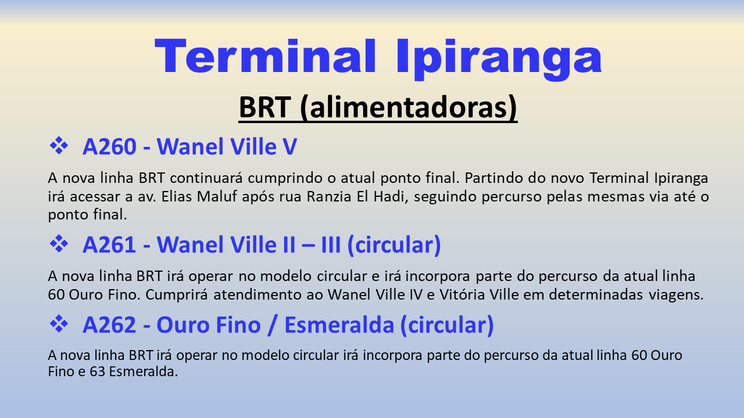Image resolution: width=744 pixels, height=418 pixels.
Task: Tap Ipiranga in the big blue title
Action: (x=499, y=59)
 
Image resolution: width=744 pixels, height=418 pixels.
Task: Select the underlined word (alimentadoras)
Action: (x=409, y=107)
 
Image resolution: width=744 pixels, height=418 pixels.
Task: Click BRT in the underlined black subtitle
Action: (x=264, y=107)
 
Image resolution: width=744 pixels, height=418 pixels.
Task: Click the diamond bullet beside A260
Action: (x=59, y=145)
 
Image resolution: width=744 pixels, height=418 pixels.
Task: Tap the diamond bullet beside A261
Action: (x=59, y=243)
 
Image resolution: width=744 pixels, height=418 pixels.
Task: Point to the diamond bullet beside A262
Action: (x=59, y=323)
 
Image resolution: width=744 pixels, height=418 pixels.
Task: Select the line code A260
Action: (x=110, y=146)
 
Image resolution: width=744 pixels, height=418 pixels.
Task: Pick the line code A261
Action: (x=109, y=244)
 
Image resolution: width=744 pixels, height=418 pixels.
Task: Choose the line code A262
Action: (x=109, y=325)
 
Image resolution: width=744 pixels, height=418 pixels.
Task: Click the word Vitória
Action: (x=462, y=294)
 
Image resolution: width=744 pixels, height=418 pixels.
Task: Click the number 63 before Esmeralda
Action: (x=97, y=371)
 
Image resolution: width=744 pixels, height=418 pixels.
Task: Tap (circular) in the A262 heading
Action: (x=447, y=325)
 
